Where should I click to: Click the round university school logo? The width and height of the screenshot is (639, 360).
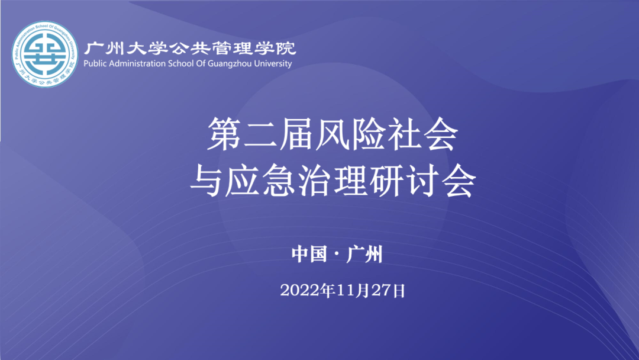click(45, 54)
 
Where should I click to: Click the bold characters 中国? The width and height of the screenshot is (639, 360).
click(309, 254)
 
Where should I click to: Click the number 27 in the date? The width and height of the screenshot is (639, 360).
click(382, 291)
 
